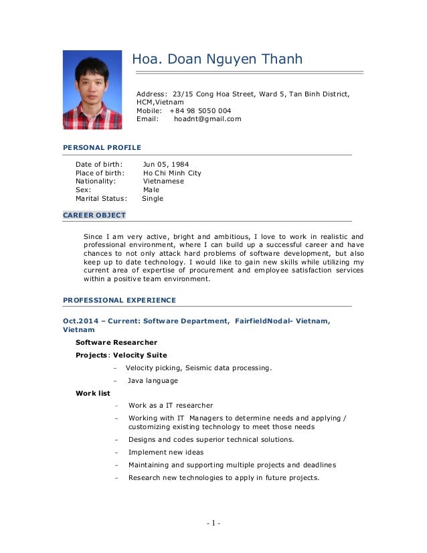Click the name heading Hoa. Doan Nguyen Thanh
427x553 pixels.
217,60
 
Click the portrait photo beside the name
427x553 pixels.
92,90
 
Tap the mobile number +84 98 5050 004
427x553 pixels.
200,110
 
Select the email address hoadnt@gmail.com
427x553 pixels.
207,119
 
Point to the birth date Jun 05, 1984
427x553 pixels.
165,164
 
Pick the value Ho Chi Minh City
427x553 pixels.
172,173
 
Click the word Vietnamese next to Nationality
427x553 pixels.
163,181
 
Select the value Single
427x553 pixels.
153,198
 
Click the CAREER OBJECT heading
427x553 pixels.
94,216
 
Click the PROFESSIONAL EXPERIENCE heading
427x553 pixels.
119,300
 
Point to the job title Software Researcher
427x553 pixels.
116,342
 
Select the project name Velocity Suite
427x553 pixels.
140,355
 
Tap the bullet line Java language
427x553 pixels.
153,380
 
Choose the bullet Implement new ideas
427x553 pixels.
166,452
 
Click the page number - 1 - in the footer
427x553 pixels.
213,523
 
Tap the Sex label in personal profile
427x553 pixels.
83,189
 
